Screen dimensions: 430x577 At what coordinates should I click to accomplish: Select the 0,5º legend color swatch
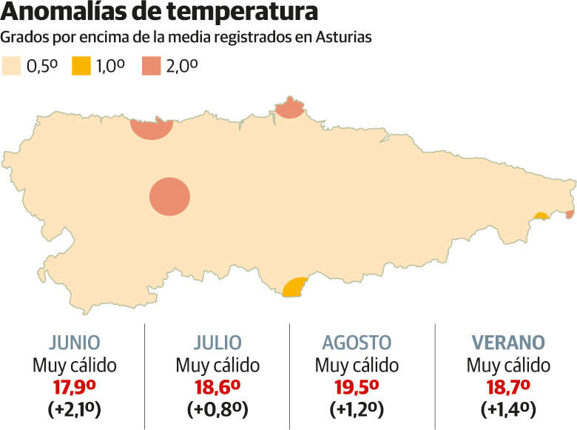13,66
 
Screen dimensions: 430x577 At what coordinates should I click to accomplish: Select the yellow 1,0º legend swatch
81,66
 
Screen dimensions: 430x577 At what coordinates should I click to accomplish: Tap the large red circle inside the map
170,198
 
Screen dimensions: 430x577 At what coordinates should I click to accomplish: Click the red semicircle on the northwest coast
152,129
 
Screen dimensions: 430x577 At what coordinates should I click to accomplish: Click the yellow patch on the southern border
294,288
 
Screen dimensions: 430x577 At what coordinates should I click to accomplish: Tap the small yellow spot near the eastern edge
541,216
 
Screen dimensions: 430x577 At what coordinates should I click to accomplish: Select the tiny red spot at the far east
570,215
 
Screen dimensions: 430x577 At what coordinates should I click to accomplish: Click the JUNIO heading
74,343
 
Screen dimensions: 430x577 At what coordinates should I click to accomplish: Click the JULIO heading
217,343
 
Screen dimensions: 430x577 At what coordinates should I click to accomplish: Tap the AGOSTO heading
357,343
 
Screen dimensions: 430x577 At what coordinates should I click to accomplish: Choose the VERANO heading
508,343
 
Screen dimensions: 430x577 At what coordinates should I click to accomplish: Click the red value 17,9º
74,386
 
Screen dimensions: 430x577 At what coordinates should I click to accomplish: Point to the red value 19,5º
357,386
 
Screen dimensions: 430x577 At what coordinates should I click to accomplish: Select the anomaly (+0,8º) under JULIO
217,409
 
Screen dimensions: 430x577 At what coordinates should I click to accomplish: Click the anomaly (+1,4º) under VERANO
508,409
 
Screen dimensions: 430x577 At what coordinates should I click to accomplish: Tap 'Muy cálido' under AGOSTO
357,365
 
